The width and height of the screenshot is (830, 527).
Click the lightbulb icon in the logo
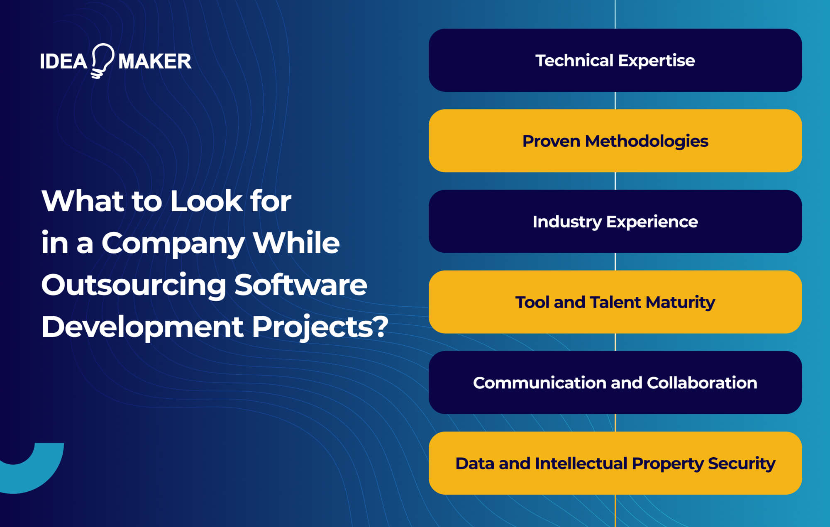(x=102, y=61)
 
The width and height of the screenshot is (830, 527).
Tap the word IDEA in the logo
(x=63, y=61)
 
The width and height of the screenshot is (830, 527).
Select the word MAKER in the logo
(x=155, y=61)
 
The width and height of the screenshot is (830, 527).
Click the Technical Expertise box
(x=615, y=60)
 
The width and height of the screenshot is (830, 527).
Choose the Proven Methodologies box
(x=615, y=141)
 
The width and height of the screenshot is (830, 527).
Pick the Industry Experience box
(x=615, y=221)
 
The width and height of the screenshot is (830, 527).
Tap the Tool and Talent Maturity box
(x=615, y=302)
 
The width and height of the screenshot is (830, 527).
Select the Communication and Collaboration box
(x=615, y=382)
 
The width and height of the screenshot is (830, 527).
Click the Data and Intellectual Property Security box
(x=615, y=463)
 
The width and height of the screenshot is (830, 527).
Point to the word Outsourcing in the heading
(x=134, y=285)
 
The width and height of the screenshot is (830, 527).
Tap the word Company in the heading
(x=173, y=244)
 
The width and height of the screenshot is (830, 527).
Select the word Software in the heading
(x=300, y=285)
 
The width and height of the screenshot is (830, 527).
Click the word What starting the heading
(x=83, y=201)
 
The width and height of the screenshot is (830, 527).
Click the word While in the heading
(x=296, y=243)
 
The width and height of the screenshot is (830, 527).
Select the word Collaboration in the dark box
(x=702, y=383)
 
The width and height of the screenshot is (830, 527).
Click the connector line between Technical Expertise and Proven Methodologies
(x=615, y=100)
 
